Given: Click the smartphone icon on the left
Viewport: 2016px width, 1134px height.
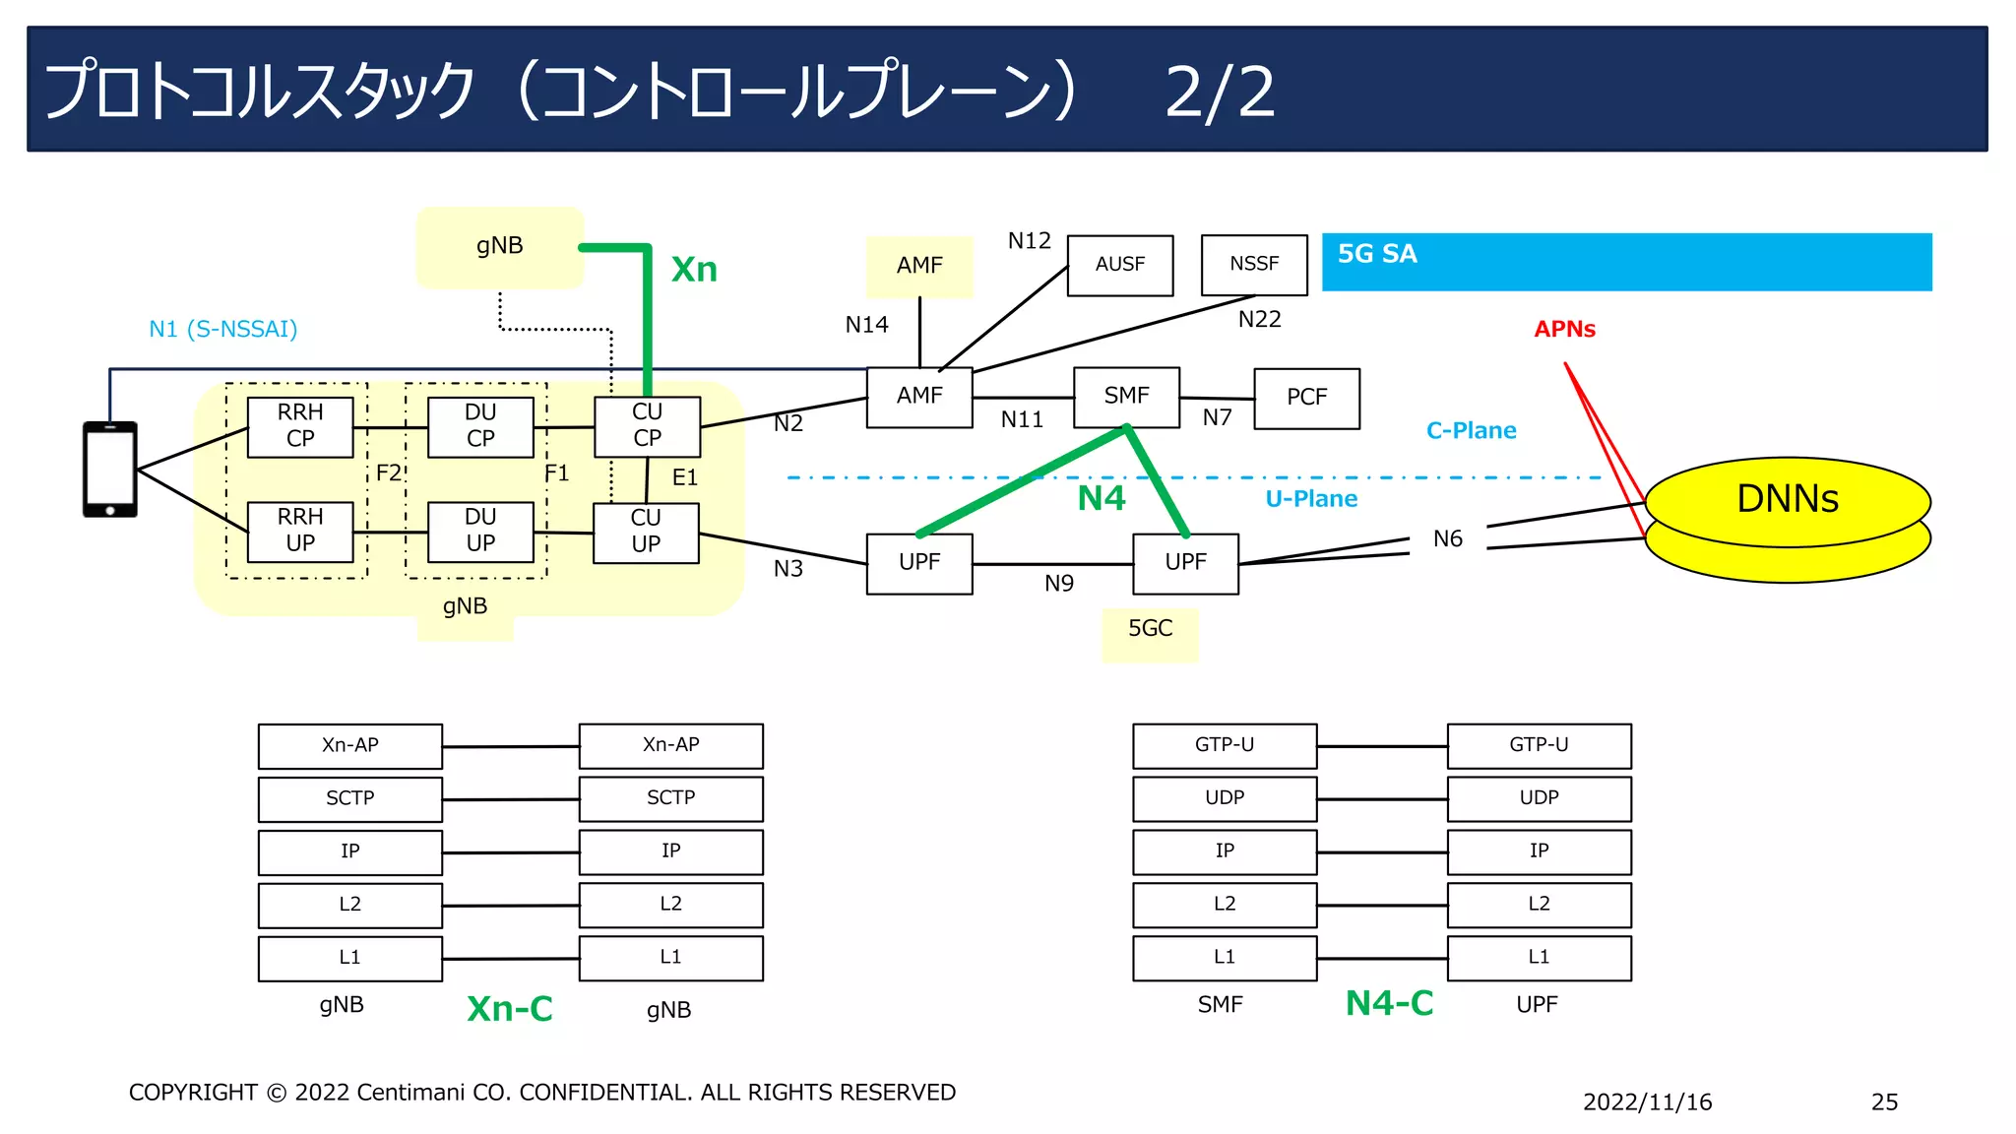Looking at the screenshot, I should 109,470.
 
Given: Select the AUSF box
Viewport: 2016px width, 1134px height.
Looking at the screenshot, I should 1120,265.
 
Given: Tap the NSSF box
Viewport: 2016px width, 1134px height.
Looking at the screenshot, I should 1254,265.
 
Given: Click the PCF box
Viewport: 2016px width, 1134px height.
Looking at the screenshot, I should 1306,398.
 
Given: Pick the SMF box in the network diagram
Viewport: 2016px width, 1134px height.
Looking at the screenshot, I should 1126,397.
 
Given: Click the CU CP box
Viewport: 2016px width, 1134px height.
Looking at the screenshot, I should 647,426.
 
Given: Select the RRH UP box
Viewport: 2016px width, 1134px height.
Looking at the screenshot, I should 300,532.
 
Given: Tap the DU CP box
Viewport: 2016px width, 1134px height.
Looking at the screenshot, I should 480,426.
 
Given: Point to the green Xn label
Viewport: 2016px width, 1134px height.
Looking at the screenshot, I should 694,270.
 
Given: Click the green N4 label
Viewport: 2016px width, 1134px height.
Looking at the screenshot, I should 1101,498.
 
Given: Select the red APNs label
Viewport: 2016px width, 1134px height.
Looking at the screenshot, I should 1564,330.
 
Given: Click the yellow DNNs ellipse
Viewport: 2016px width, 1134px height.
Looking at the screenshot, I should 1787,500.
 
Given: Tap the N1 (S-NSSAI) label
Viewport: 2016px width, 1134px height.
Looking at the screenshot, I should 222,330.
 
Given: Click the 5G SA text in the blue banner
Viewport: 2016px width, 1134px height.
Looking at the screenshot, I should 1376,254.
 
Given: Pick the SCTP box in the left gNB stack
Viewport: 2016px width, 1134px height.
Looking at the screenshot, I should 349,799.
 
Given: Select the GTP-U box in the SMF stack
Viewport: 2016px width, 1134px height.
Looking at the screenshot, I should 1224,746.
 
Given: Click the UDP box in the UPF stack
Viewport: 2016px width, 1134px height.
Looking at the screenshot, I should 1539,799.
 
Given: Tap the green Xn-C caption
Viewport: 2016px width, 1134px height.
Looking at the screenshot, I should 509,1009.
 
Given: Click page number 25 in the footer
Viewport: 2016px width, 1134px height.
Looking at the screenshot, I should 1884,1102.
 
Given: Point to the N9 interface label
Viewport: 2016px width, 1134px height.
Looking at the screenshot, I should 1058,584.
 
